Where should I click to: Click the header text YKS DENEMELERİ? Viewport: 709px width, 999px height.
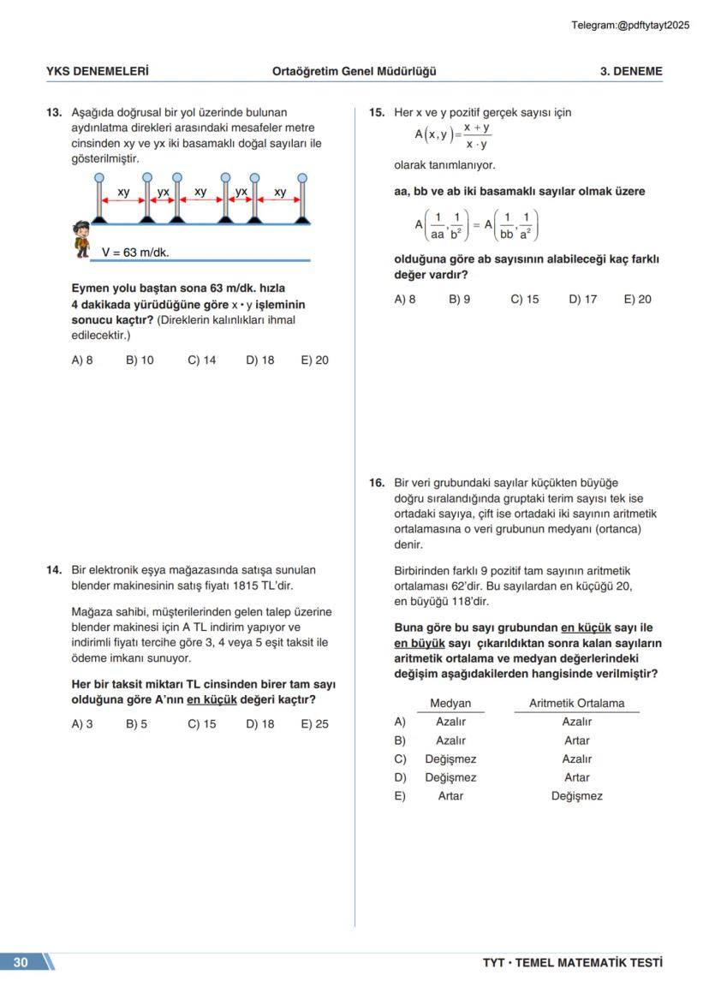coord(97,72)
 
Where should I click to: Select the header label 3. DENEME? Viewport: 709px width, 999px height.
coord(630,72)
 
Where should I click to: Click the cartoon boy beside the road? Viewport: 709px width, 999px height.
coord(81,239)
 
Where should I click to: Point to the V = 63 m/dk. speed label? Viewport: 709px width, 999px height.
coord(135,253)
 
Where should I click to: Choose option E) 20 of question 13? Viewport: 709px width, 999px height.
coord(314,360)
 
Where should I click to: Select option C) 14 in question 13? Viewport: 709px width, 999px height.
coord(201,360)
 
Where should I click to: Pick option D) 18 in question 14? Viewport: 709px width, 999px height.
coord(259,724)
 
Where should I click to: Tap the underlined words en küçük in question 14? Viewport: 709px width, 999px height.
coord(212,700)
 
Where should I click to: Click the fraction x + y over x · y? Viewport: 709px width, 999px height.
coord(476,135)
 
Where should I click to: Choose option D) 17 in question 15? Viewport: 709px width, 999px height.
coord(582,300)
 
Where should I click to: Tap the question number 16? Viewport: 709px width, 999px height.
coord(377,484)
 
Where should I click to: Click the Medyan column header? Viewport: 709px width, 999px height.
coord(450,704)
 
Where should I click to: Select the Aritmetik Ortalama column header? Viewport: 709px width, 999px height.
coord(576,704)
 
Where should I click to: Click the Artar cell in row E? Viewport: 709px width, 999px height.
coord(450,796)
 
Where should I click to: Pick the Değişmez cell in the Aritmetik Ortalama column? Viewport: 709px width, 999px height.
coord(576,796)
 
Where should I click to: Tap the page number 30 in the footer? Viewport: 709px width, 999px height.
coord(21,962)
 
